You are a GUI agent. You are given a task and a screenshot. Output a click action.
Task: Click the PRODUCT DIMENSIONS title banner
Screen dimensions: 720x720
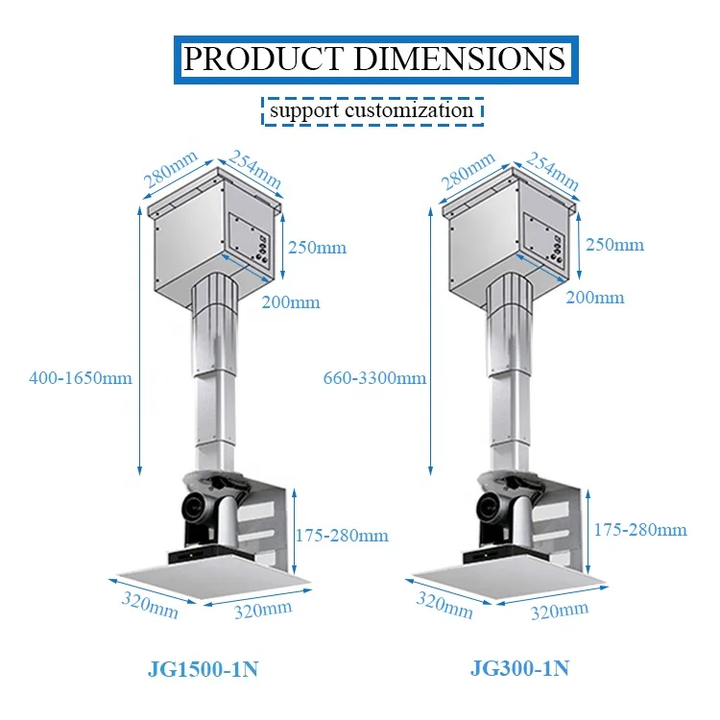(374, 59)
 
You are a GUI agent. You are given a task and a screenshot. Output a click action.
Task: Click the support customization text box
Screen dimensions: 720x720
(372, 109)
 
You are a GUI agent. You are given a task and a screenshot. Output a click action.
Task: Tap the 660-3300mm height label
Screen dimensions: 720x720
(375, 377)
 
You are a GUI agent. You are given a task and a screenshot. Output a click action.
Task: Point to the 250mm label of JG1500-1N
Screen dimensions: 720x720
(318, 248)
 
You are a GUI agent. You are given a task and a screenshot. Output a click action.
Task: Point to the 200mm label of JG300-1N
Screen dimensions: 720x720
(595, 298)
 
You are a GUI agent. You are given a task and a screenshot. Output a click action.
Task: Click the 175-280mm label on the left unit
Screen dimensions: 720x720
(343, 535)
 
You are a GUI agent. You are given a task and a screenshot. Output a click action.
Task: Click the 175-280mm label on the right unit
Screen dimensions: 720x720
(640, 529)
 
